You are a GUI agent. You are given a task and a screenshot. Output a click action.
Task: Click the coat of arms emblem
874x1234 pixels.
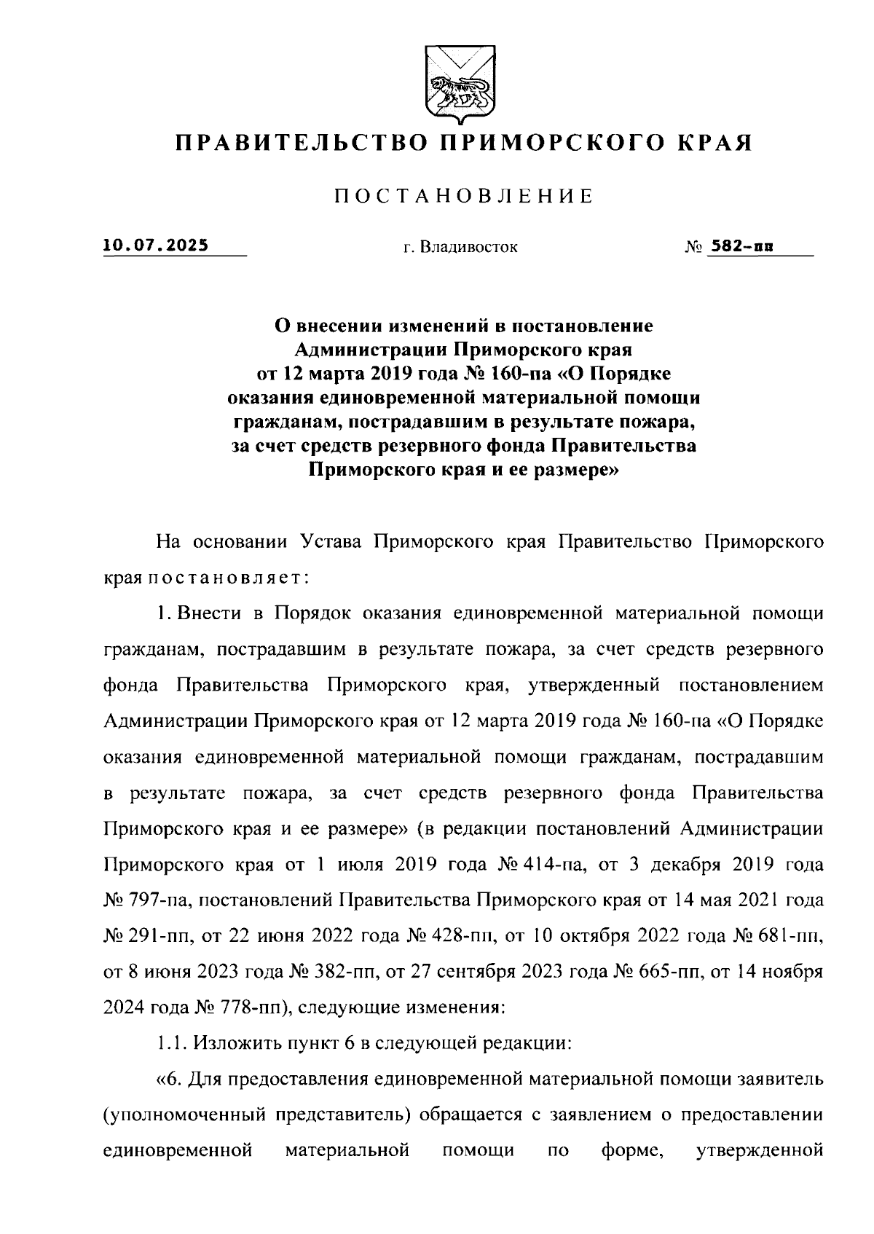tap(457, 86)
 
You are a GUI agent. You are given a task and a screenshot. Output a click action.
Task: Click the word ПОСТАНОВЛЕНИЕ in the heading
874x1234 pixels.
tap(462, 196)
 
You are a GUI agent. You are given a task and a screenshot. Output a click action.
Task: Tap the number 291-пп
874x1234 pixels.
tap(158, 936)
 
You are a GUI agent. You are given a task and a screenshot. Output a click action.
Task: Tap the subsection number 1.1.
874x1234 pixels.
tap(170, 1043)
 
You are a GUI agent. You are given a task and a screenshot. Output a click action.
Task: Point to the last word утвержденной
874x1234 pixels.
tap(760, 1150)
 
